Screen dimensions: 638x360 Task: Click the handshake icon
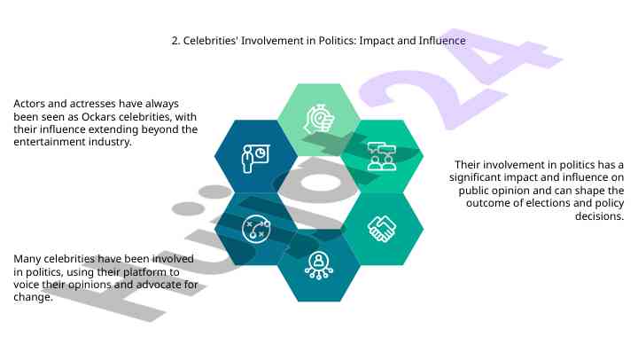click(x=381, y=229)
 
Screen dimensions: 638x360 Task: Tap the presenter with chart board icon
click(x=255, y=159)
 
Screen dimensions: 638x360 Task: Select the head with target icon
click(x=319, y=119)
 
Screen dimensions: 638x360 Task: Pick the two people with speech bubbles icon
click(x=381, y=156)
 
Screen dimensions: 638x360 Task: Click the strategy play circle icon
click(x=256, y=229)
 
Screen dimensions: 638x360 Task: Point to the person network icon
click(x=319, y=265)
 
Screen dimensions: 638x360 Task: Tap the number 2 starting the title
click(x=175, y=41)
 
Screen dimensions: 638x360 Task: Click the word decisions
click(x=599, y=215)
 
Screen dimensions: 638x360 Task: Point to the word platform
click(x=145, y=272)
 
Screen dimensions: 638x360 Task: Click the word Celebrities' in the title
click(x=211, y=41)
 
